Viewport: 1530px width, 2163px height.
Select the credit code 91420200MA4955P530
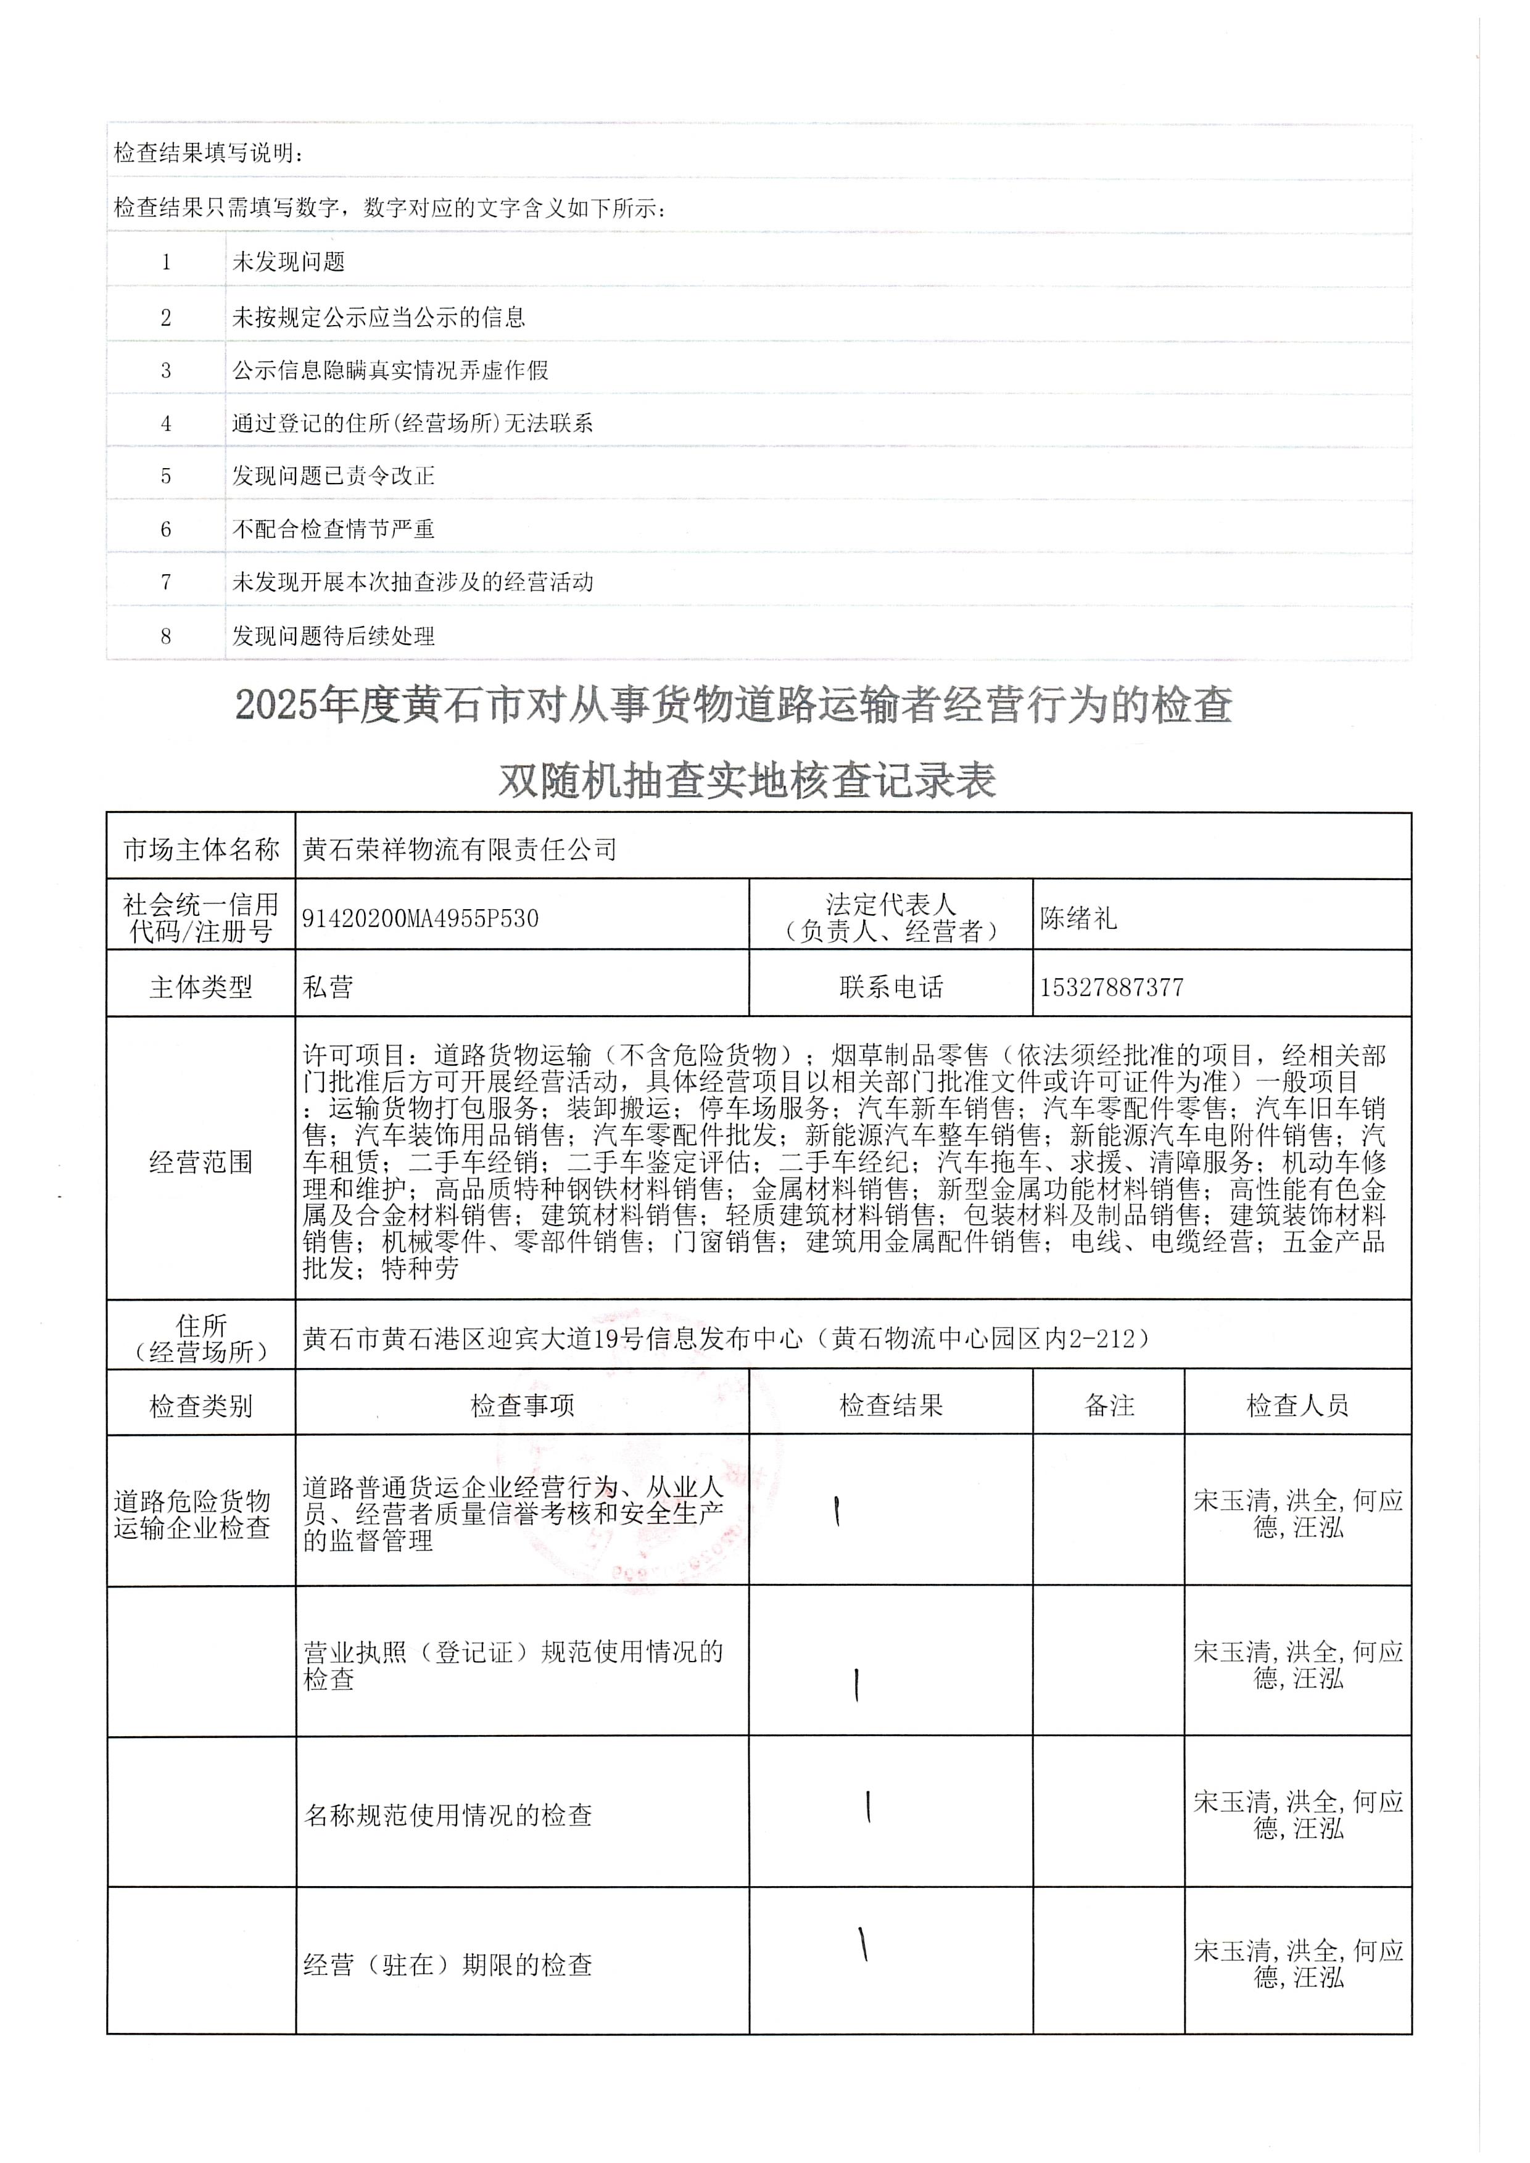pyautogui.click(x=420, y=918)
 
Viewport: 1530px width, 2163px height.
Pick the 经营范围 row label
pyautogui.click(x=201, y=1161)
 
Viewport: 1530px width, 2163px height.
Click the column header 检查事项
pyautogui.click(x=522, y=1406)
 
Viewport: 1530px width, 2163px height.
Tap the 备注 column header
pyautogui.click(x=1109, y=1406)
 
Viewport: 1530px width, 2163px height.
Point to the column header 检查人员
pyautogui.click(x=1297, y=1406)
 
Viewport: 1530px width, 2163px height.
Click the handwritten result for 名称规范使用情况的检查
pyautogui.click(x=867, y=1806)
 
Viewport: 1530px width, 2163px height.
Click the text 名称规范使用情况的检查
pyautogui.click(x=447, y=1815)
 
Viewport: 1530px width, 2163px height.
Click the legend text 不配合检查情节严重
pyautogui.click(x=334, y=529)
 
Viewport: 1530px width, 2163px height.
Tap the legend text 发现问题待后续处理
pyautogui.click(x=334, y=636)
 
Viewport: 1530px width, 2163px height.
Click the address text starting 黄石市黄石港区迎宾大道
pyautogui.click(x=726, y=1338)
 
